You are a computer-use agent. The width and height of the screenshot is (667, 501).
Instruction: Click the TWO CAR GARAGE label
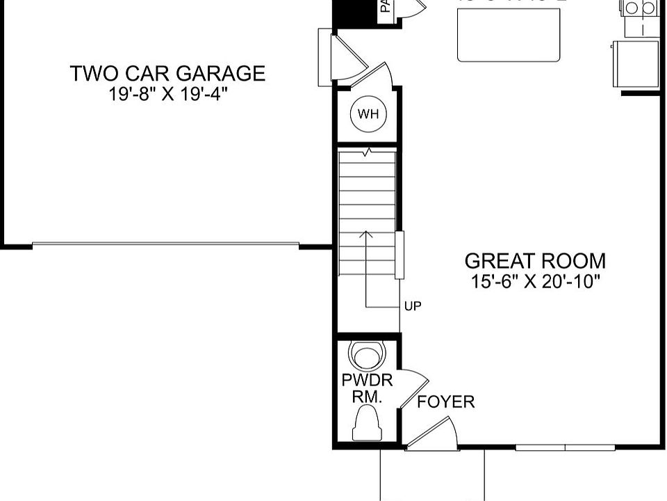point(167,73)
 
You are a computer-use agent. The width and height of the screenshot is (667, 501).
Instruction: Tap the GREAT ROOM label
point(534,261)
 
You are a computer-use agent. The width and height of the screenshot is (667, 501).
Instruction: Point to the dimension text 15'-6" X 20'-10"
point(534,282)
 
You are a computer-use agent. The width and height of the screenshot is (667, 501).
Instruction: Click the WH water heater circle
point(368,114)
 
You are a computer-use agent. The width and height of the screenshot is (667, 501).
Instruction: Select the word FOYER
point(445,401)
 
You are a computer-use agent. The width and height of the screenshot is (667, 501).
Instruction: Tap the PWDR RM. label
point(367,389)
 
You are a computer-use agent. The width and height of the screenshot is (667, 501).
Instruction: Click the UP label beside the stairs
point(412,305)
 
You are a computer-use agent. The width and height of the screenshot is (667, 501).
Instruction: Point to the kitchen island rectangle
point(509,35)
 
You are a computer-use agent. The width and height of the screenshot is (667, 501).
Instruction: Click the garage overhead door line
point(165,244)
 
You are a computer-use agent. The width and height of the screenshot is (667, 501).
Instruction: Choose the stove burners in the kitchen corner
point(640,8)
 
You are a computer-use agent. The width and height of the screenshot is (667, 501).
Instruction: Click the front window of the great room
point(565,447)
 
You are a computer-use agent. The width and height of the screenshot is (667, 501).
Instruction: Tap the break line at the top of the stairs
point(366,150)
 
